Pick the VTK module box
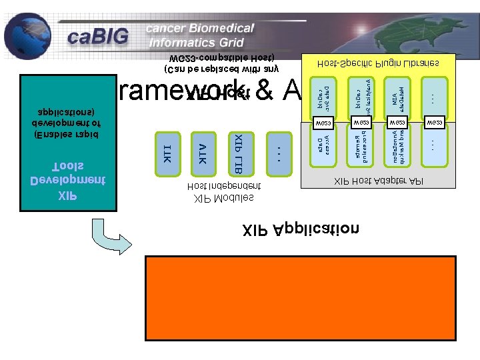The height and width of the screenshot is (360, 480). pos(203,154)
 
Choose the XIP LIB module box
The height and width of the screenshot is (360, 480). pos(239,154)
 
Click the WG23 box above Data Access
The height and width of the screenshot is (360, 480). pos(323,123)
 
